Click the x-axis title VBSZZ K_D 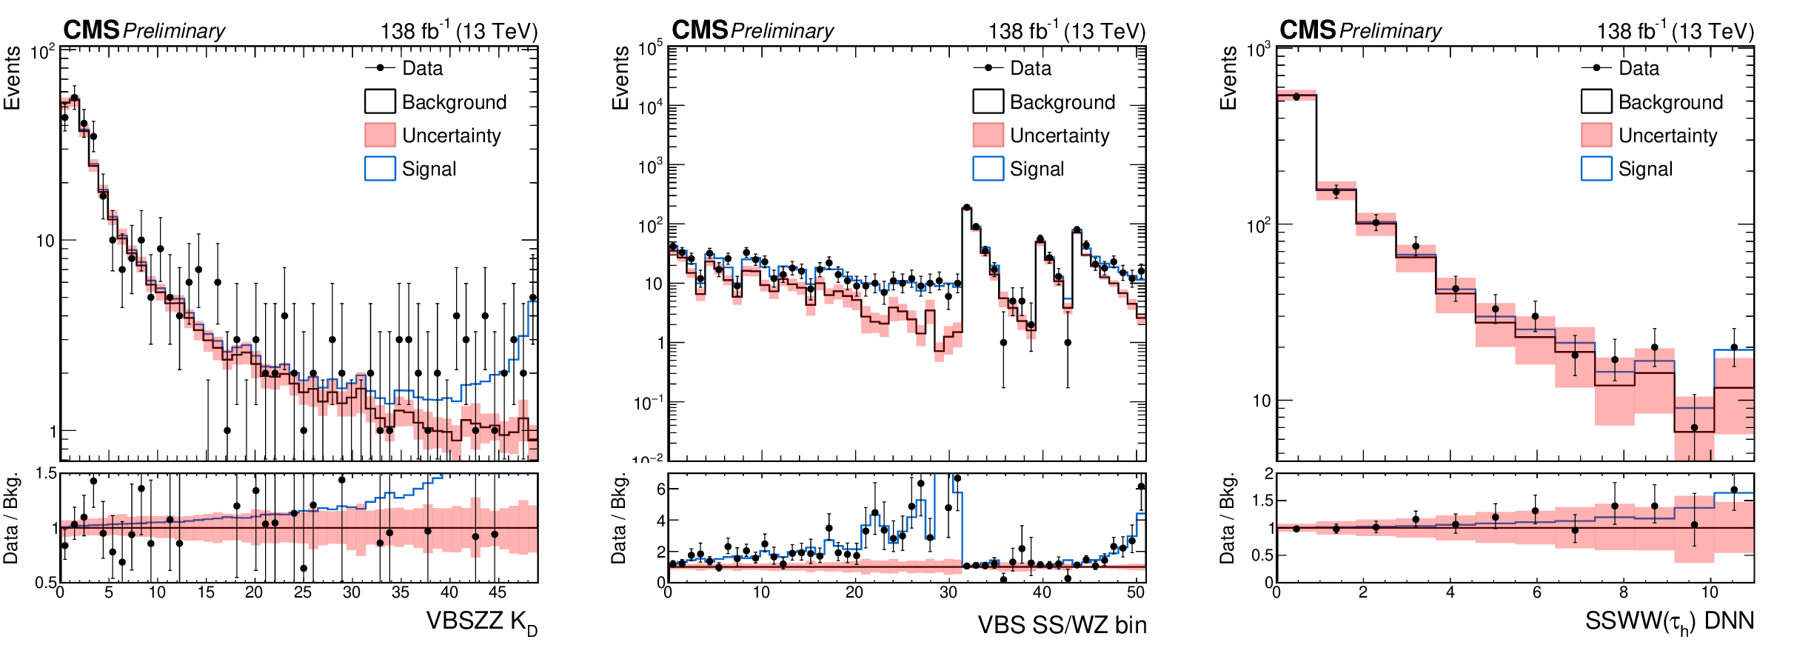481,623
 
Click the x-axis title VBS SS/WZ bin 1062,625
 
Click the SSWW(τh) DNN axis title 1670,622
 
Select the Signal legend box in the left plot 380,169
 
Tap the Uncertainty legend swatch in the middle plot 988,135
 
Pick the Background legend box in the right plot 1596,101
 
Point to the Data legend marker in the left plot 381,68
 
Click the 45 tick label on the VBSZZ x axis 498,592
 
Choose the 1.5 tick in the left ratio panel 47,473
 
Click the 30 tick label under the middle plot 948,592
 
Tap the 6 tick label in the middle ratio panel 661,489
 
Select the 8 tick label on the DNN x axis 1624,592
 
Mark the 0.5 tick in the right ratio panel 1263,555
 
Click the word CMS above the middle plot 700,30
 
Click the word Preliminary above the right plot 1390,31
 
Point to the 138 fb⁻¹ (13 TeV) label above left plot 459,30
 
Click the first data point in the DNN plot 1296,96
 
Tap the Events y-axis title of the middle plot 620,78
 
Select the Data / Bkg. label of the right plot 1228,518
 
